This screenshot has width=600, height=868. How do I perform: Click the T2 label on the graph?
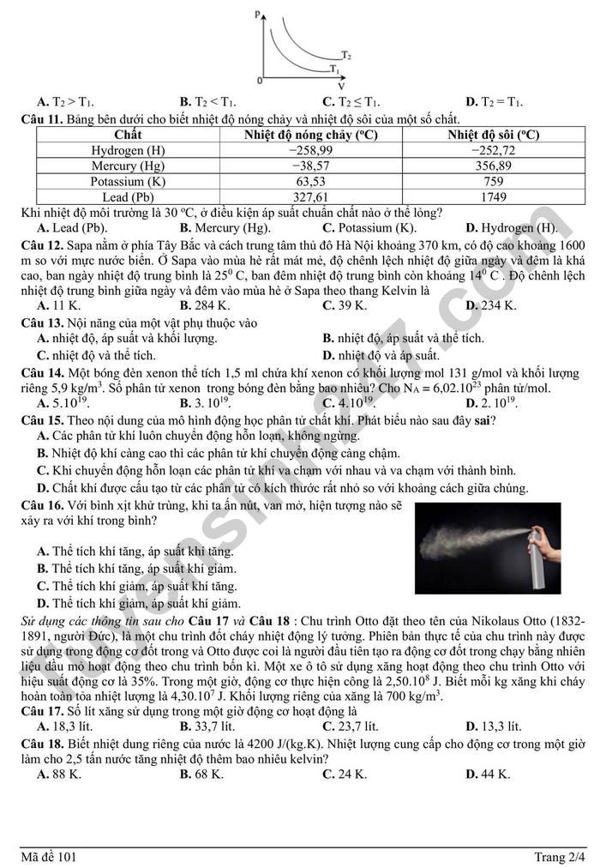345,54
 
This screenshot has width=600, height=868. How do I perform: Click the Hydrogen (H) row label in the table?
128,150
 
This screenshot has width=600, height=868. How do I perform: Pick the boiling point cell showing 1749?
493,196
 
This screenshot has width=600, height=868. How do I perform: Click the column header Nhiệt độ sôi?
493,135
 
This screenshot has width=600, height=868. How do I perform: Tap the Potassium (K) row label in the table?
128,181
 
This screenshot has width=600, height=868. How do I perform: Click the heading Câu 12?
42,244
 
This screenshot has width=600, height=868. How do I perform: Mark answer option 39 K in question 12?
345,305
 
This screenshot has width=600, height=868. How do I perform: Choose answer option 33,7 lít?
205,726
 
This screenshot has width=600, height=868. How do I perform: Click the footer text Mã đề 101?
49,856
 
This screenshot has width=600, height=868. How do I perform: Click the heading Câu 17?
42,711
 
